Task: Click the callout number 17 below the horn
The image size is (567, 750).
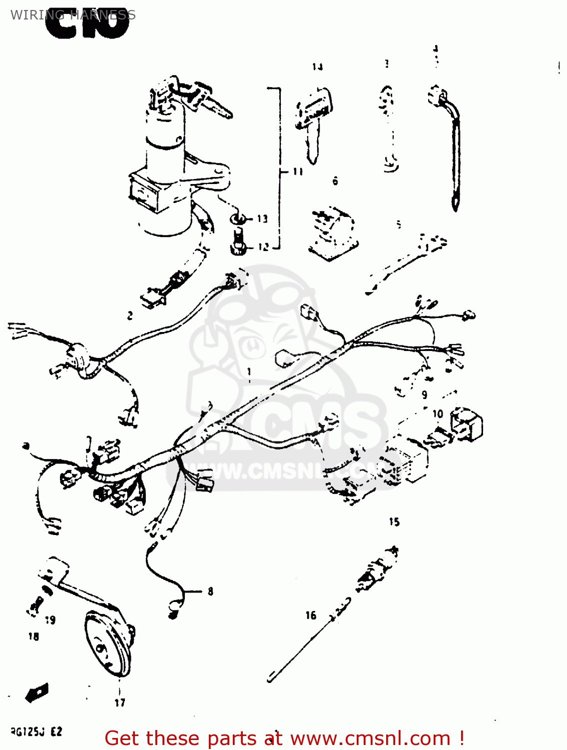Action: pos(120,702)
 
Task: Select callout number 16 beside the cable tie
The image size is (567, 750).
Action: pos(311,615)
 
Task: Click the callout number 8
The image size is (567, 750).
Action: pos(210,591)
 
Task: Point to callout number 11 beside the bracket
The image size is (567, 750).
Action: pos(298,171)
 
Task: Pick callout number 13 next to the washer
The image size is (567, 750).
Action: pos(263,218)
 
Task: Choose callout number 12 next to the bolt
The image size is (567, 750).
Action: pos(263,246)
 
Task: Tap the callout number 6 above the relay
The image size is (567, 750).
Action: pos(335,181)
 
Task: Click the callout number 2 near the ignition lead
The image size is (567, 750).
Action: pos(130,315)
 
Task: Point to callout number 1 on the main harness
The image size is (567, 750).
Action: pos(249,371)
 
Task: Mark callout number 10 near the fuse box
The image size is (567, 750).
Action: pos(438,414)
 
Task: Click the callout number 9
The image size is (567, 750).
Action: pos(424,394)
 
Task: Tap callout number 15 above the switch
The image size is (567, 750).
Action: pos(394,522)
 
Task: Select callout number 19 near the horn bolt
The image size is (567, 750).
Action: pos(50,620)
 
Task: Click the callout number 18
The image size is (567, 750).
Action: pos(33,636)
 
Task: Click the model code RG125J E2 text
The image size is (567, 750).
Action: pos(36,732)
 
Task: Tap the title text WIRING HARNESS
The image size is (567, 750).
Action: pos(73,14)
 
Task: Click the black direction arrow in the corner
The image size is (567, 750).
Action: pos(37,693)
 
